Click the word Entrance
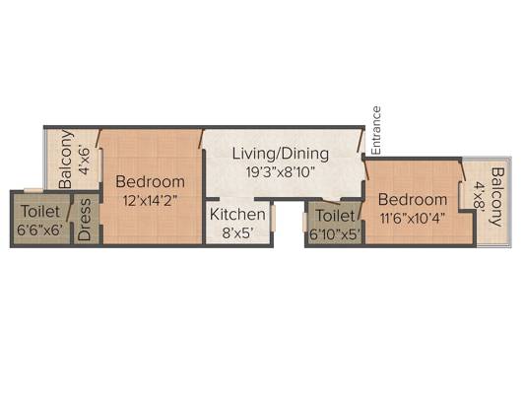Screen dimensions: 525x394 pos(376,131)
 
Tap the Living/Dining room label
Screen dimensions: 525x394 pos(281,154)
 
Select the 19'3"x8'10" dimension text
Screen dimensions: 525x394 pos(281,172)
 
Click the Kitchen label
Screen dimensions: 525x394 pos(237,215)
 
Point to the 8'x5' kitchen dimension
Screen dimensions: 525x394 pos(237,233)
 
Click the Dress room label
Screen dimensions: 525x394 pos(84,220)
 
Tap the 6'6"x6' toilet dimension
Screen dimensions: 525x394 pos(40,230)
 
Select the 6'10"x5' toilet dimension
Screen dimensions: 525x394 pos(335,234)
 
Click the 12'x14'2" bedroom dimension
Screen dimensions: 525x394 pos(150,201)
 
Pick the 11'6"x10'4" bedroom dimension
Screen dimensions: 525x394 pos(413,219)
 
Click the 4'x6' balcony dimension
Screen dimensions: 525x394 pos(84,160)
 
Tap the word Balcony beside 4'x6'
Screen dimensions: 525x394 pos(65,159)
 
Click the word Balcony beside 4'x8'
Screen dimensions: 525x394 pos(497,197)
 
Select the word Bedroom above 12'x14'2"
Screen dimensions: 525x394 pos(150,182)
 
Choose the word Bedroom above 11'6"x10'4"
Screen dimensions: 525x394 pos(413,200)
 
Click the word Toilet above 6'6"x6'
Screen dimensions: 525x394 pos(40,212)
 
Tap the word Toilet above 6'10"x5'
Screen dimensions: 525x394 pos(335,216)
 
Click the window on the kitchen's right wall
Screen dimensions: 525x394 pos(273,219)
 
